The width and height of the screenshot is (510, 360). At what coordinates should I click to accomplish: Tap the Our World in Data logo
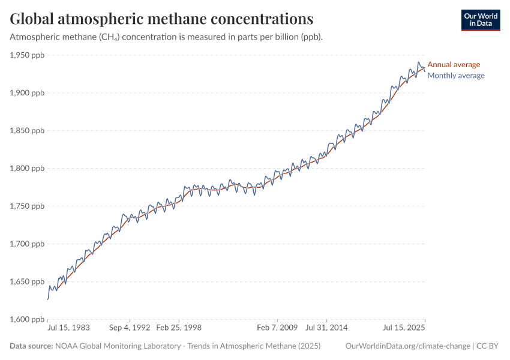pyautogui.click(x=480, y=20)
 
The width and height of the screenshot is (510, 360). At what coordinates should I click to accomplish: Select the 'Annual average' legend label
pyautogui.click(x=454, y=65)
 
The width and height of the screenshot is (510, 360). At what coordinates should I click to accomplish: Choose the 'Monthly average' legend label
pyautogui.click(x=456, y=76)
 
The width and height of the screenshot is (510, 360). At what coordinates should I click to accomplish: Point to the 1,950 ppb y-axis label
pyautogui.click(x=27, y=55)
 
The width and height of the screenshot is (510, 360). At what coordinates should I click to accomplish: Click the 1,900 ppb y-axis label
pyautogui.click(x=27, y=93)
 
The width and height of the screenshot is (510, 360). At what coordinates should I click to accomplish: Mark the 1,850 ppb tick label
pyautogui.click(x=27, y=131)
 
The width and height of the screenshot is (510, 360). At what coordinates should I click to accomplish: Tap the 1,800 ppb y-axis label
pyautogui.click(x=27, y=169)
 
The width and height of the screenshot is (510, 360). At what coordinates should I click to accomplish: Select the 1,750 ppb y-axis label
pyautogui.click(x=27, y=206)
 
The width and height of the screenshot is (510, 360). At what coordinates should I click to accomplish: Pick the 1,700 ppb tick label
pyautogui.click(x=27, y=244)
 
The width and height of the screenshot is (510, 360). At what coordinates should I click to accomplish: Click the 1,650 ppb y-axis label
pyautogui.click(x=27, y=282)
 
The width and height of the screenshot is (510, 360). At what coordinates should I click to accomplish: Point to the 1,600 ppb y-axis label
pyautogui.click(x=27, y=319)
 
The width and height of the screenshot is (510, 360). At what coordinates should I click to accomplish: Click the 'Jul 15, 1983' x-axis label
pyautogui.click(x=69, y=328)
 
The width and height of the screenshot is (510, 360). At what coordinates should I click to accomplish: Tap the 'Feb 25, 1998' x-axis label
pyautogui.click(x=179, y=328)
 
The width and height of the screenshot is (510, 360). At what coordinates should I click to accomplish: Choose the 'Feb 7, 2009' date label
pyautogui.click(x=277, y=328)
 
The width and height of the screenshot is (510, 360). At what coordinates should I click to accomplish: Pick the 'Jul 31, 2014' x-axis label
pyautogui.click(x=327, y=328)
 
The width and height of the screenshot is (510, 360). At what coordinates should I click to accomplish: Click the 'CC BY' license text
pyautogui.click(x=488, y=346)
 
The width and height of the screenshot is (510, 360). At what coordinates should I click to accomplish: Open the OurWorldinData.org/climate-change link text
pyautogui.click(x=408, y=346)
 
